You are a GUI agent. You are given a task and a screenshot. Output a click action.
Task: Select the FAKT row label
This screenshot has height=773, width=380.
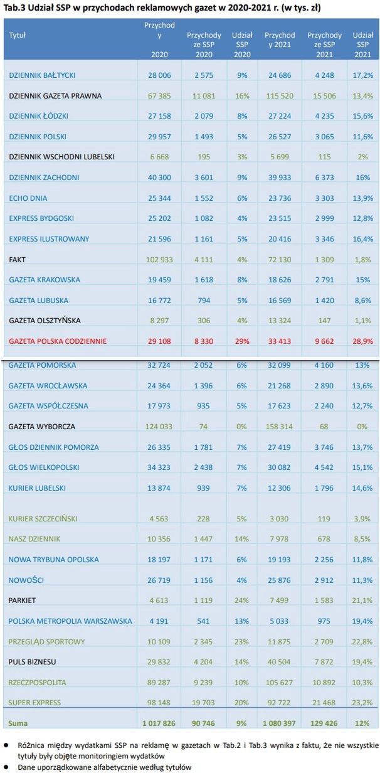18,259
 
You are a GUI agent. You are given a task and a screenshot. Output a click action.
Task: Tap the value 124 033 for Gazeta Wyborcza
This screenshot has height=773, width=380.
159,427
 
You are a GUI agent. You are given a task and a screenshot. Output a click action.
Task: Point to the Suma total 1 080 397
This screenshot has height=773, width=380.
280,723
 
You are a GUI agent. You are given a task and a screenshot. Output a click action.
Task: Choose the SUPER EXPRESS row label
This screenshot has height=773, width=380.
35,702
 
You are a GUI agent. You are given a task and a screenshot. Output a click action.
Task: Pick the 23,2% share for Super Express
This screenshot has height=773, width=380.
363,702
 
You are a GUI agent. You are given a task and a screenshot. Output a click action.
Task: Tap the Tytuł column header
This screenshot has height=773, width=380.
18,36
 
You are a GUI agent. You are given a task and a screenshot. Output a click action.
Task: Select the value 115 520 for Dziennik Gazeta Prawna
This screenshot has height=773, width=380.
280,96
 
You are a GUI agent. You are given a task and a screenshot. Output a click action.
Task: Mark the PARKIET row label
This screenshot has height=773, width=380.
23,600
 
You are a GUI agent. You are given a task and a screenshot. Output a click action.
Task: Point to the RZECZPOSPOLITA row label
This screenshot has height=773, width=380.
38,682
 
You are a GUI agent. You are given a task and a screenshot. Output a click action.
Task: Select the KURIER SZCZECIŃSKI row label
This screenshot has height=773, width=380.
45,518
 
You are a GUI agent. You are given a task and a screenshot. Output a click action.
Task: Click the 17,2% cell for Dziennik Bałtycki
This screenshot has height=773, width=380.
363,75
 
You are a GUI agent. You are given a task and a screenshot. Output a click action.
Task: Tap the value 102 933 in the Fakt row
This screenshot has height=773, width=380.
159,259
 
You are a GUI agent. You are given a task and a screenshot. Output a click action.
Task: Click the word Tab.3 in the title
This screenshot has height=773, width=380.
15,7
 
